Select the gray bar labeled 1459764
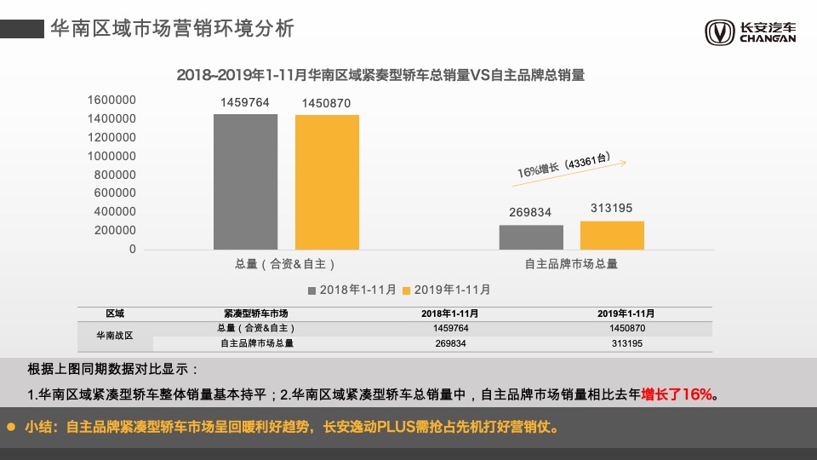tap(245, 181)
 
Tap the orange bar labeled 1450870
tap(327, 182)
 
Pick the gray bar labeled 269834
tap(531, 237)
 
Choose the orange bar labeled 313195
tap(612, 235)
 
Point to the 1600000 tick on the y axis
tap(111, 100)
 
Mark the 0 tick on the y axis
tap(132, 250)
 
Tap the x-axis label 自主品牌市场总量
tap(571, 264)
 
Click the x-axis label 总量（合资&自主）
tap(285, 264)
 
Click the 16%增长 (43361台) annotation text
tap(564, 164)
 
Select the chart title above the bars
tap(380, 75)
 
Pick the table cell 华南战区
tap(114, 336)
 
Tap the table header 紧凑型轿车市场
tap(256, 313)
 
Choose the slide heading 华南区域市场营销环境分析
tap(173, 28)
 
